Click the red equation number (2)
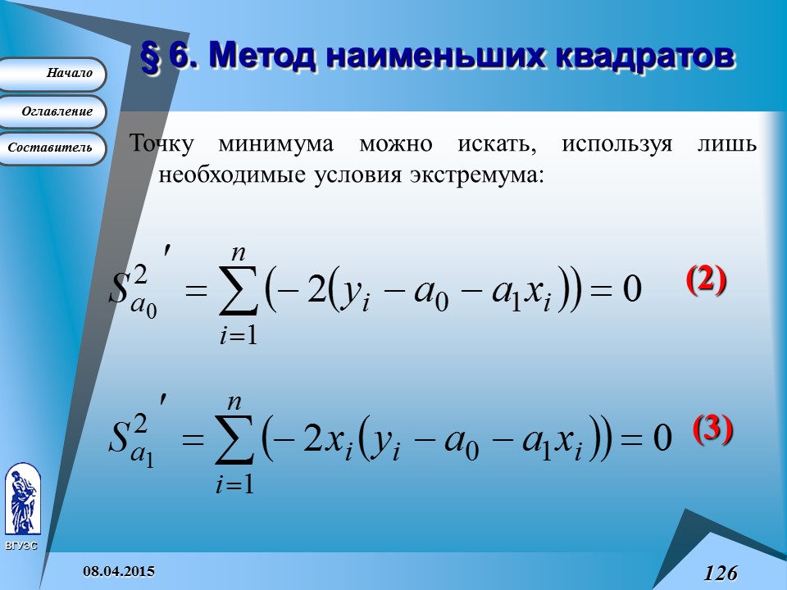(x=706, y=280)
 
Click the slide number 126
(x=720, y=572)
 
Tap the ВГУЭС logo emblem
(x=20, y=500)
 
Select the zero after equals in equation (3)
(x=662, y=438)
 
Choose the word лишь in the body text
(x=733, y=144)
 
